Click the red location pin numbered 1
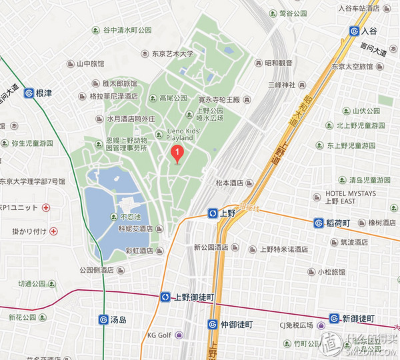click(x=177, y=154)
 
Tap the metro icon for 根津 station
click(x=29, y=93)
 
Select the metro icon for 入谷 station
click(x=354, y=31)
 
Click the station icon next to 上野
click(x=213, y=213)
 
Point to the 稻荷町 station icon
click(x=319, y=223)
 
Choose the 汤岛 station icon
click(x=103, y=319)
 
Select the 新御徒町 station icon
click(x=334, y=319)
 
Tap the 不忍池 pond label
click(x=131, y=217)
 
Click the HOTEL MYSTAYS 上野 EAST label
click(x=351, y=197)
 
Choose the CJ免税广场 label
click(x=294, y=326)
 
